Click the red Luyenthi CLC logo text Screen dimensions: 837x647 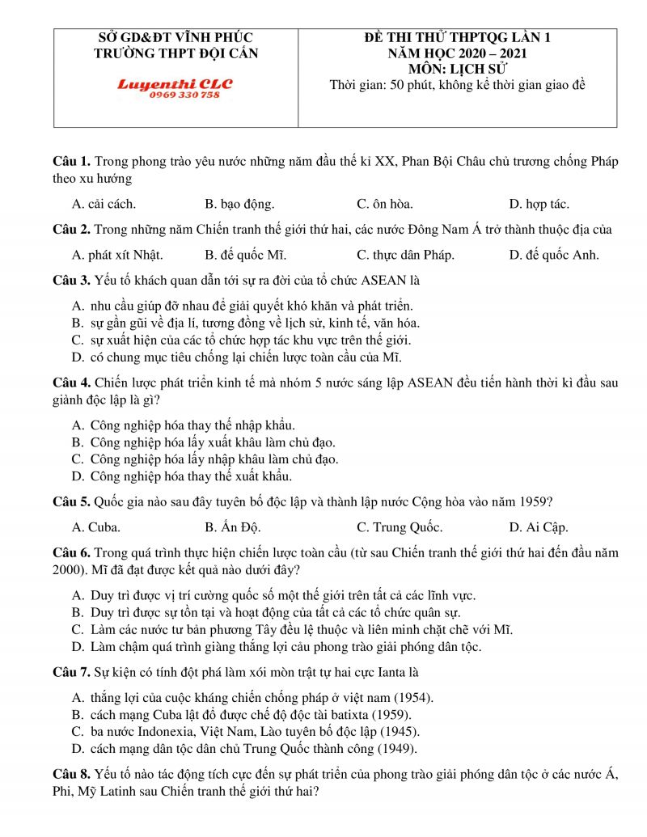click(x=175, y=83)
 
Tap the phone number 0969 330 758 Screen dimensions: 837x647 click(x=184, y=95)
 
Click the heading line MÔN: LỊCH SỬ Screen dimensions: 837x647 click(x=457, y=69)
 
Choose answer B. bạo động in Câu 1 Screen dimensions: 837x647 click(x=239, y=204)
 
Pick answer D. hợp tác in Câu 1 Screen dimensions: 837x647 click(x=539, y=204)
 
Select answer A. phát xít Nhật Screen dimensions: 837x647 click(x=118, y=255)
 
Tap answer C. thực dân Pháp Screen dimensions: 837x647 click(x=405, y=255)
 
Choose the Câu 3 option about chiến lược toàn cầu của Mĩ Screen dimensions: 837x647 click(x=236, y=357)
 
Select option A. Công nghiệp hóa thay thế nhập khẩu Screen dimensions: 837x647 click(x=184, y=425)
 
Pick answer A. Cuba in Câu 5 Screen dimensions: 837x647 click(x=96, y=527)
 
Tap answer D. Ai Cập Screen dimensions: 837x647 click(x=539, y=527)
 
